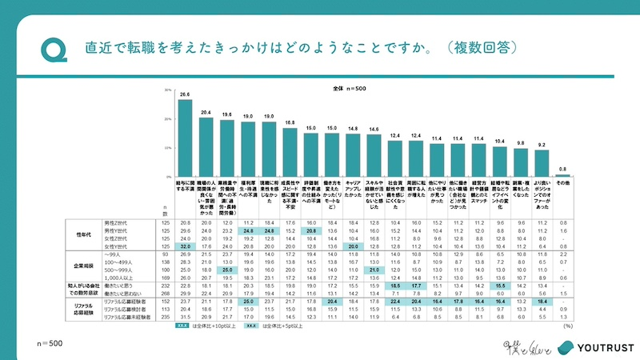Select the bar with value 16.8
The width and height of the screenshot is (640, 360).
click(x=290, y=152)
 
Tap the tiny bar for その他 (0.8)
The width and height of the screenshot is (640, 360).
click(x=562, y=174)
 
